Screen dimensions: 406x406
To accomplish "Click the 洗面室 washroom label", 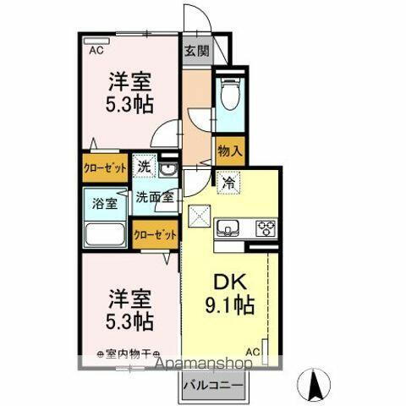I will [156, 197].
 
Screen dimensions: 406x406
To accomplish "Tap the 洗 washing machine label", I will [145, 167].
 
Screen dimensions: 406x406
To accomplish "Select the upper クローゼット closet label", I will [105, 167].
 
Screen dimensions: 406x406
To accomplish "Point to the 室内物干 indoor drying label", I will [129, 354].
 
